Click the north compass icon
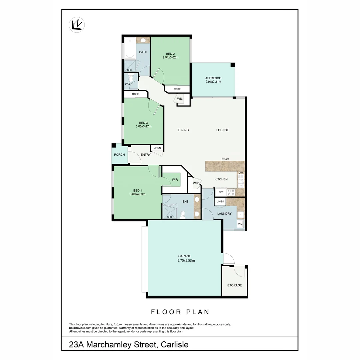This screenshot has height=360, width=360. (77, 25)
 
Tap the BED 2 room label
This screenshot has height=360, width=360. (170, 54)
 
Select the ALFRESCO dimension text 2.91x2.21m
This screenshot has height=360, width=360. (213, 82)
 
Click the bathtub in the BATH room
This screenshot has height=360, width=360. (129, 49)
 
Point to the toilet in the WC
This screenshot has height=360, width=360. (131, 79)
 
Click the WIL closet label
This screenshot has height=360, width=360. (180, 99)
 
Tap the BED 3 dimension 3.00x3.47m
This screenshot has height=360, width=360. (143, 126)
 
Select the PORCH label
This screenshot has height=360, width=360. (119, 155)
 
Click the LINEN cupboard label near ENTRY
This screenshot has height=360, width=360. (157, 148)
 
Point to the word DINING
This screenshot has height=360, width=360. (183, 130)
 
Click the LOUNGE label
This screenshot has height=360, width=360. (222, 130)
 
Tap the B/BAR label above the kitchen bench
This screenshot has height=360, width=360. (225, 159)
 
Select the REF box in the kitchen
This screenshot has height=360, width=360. (220, 192)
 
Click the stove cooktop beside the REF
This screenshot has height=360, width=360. (231, 192)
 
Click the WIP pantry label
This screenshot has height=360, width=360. (196, 183)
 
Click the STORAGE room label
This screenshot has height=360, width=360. (234, 285)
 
